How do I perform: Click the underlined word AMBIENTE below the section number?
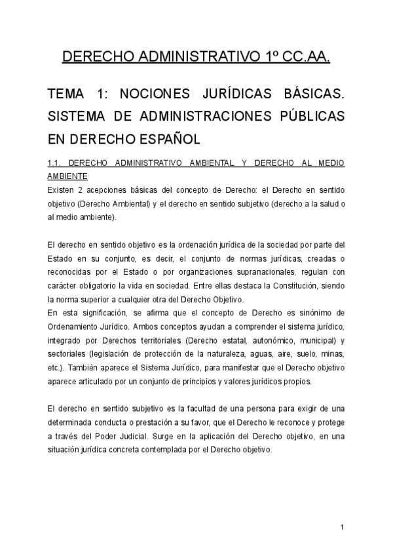point(67,176)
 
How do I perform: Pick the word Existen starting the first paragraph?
point(62,190)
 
